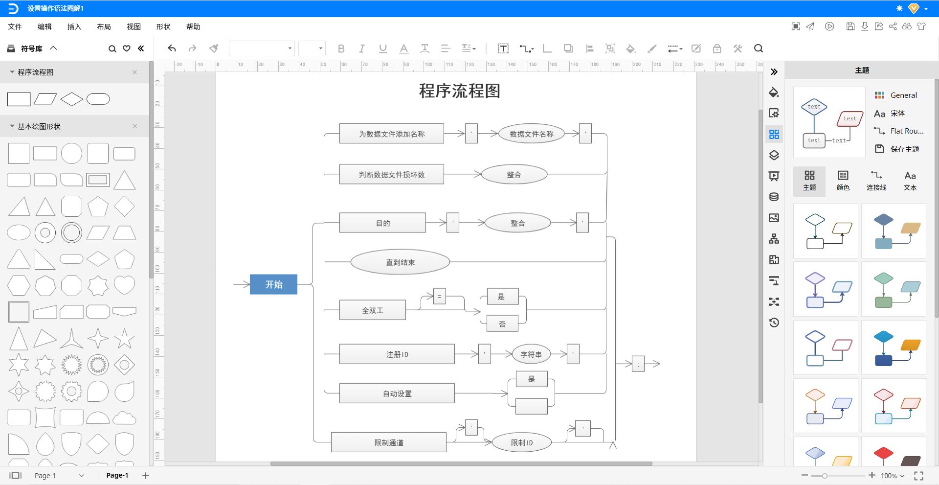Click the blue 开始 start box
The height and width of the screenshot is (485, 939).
click(x=273, y=284)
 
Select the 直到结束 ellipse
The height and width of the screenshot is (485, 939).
click(x=400, y=262)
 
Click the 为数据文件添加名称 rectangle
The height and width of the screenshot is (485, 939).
click(x=391, y=134)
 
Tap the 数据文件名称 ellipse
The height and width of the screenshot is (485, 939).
click(x=531, y=134)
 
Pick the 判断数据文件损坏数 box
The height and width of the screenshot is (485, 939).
click(x=391, y=174)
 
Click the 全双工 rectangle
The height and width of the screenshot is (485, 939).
click(x=372, y=310)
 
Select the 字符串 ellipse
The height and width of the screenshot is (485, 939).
click(x=531, y=354)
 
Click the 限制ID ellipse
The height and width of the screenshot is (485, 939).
click(x=521, y=442)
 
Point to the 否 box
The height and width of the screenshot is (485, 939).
click(x=502, y=324)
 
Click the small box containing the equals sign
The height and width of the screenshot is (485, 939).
click(x=439, y=296)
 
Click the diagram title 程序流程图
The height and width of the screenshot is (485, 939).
click(x=459, y=91)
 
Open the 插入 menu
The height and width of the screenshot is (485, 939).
click(x=74, y=26)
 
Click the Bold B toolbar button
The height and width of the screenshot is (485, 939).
click(x=341, y=48)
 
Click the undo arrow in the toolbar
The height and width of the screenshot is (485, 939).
click(x=172, y=48)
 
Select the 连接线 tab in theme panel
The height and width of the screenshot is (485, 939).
click(x=876, y=181)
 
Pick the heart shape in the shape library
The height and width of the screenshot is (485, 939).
click(x=124, y=285)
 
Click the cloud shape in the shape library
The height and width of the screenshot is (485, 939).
click(x=124, y=418)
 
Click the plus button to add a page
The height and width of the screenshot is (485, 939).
click(x=145, y=475)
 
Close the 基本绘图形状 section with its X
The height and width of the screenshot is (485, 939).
click(x=134, y=126)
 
